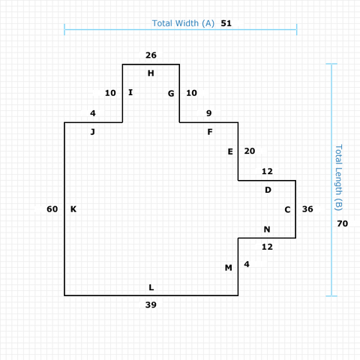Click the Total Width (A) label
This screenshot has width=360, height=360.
183,23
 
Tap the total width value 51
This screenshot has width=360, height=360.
226,23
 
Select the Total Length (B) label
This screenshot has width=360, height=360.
338,178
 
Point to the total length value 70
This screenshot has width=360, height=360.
342,223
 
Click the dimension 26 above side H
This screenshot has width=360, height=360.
151,55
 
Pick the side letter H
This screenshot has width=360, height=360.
151,73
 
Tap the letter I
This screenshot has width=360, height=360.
130,92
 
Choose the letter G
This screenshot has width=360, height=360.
171,94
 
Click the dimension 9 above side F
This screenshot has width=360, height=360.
209,113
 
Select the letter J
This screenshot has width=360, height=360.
93,132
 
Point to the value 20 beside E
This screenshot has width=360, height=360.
250,151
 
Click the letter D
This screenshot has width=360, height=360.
268,190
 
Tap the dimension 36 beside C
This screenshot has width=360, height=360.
307,209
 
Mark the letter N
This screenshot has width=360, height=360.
267,229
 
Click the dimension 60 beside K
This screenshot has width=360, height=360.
52,209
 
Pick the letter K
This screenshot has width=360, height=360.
73,209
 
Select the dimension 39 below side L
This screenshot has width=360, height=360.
151,304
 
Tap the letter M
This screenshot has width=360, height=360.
229,268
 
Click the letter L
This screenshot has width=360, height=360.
151,287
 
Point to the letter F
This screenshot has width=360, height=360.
210,132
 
